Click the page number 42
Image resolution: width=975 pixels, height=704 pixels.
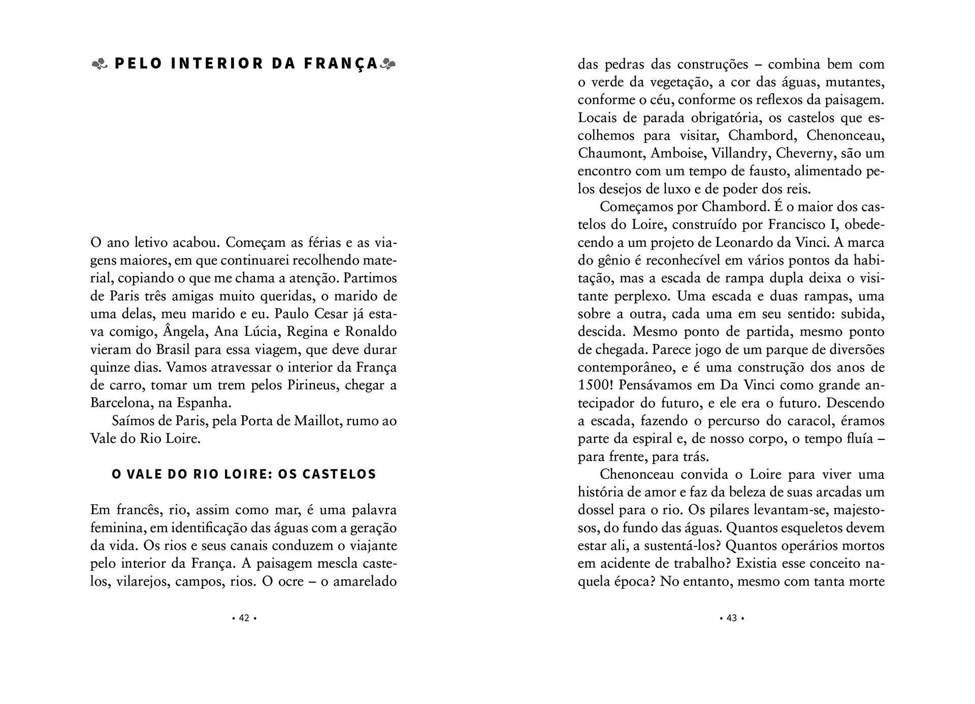click(x=244, y=618)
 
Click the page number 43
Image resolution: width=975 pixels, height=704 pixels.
click(x=732, y=618)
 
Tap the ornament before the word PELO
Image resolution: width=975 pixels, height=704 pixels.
click(x=100, y=64)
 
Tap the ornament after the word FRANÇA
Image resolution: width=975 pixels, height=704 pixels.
click(x=388, y=64)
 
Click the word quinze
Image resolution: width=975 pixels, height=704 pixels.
click(x=111, y=367)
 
